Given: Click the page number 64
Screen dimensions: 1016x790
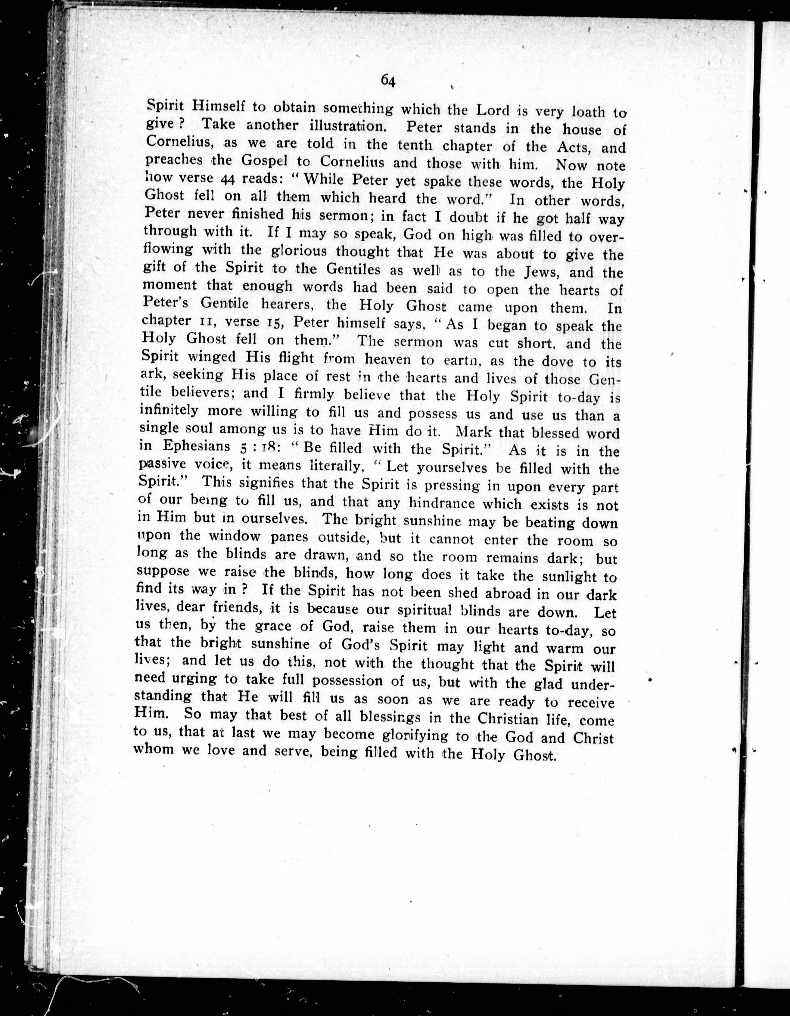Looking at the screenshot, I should pyautogui.click(x=388, y=81).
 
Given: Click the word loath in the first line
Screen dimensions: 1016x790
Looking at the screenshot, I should pyautogui.click(x=582, y=112).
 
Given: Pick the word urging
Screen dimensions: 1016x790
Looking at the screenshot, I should pyautogui.click(x=194, y=679).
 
